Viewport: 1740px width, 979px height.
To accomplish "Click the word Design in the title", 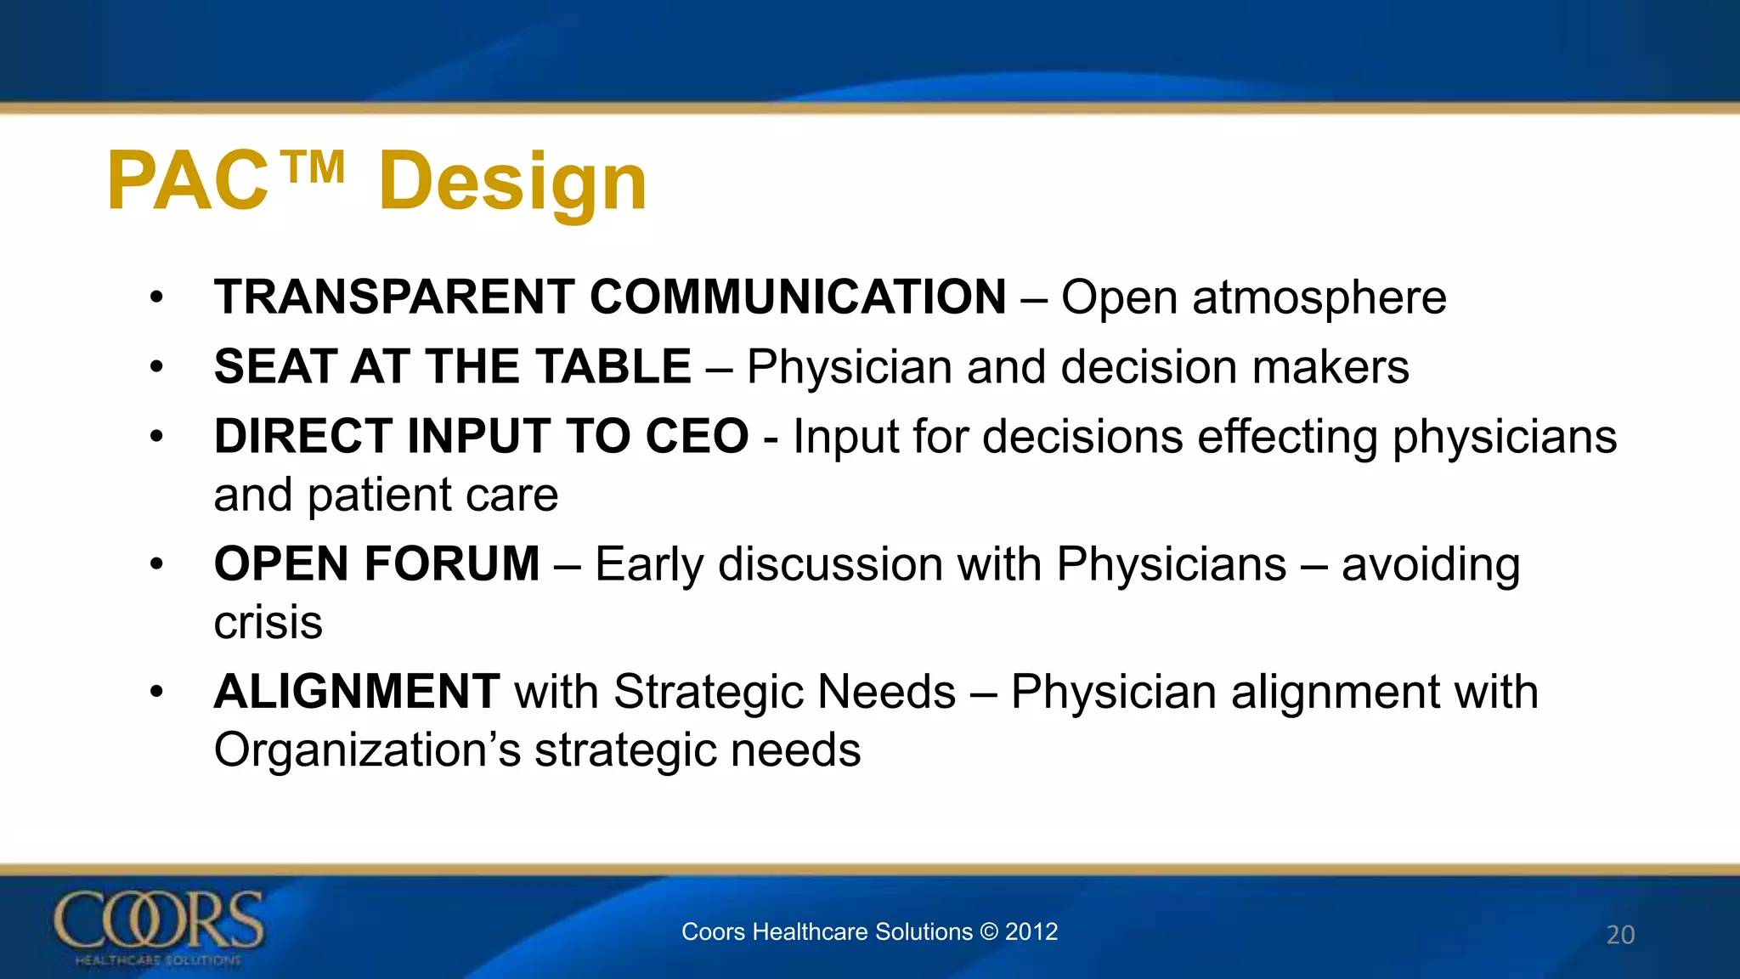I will pyautogui.click(x=512, y=181).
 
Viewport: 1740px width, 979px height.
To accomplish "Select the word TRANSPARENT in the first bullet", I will pyautogui.click(x=394, y=297).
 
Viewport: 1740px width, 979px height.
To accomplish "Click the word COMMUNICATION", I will pyautogui.click(x=798, y=297).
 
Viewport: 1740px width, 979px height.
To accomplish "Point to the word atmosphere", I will pyautogui.click(x=1319, y=298).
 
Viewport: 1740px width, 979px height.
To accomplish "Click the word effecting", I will pyautogui.click(x=1287, y=437).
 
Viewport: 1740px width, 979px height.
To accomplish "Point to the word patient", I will pyautogui.click(x=381, y=495).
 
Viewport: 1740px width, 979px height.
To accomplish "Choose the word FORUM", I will pyautogui.click(x=452, y=564).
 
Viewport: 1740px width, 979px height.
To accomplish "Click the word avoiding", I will pyautogui.click(x=1431, y=564).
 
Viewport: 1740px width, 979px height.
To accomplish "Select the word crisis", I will pyautogui.click(x=268, y=623).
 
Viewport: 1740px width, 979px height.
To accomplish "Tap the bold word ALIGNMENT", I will pyautogui.click(x=357, y=692).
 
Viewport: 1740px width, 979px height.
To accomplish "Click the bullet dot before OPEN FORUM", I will pyautogui.click(x=155, y=564).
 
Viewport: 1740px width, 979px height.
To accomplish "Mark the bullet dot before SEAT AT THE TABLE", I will pyautogui.click(x=155, y=367).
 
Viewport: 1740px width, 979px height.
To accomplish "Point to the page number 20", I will pyautogui.click(x=1620, y=934).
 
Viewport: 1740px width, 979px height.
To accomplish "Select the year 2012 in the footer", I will pyautogui.click(x=1031, y=931).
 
